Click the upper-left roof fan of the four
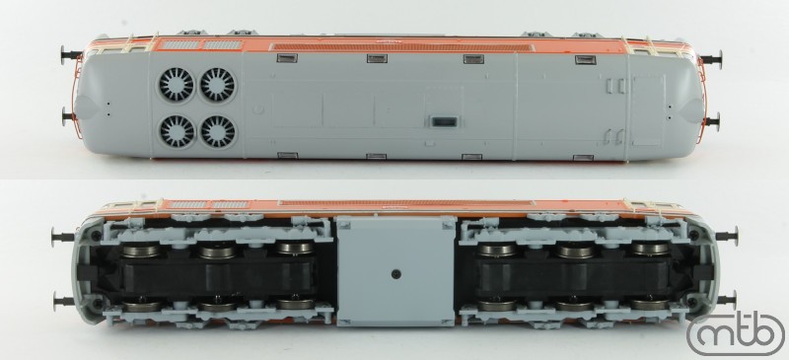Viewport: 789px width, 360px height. pos(177,85)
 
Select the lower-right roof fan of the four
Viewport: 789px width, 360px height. pos(218,131)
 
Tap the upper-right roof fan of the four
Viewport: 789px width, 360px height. pos(218,85)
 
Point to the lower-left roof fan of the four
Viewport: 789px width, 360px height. pos(178,131)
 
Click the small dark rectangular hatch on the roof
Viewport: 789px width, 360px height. pos(443,122)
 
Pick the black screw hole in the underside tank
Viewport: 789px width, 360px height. pos(396,274)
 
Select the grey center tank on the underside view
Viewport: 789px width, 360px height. pos(396,272)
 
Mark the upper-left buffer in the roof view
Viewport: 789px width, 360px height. pos(71,54)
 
